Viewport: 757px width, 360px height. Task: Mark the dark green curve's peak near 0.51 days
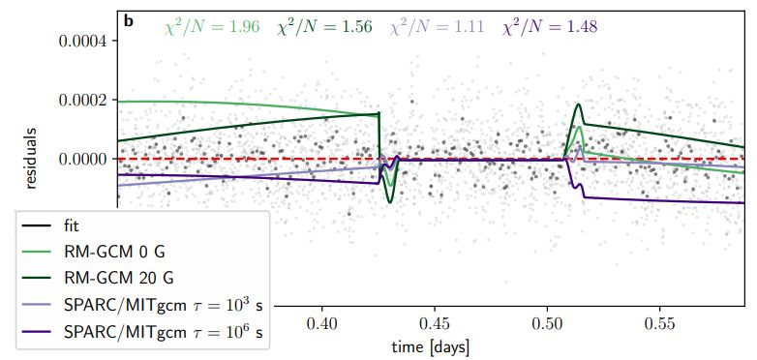pyautogui.click(x=578, y=105)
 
